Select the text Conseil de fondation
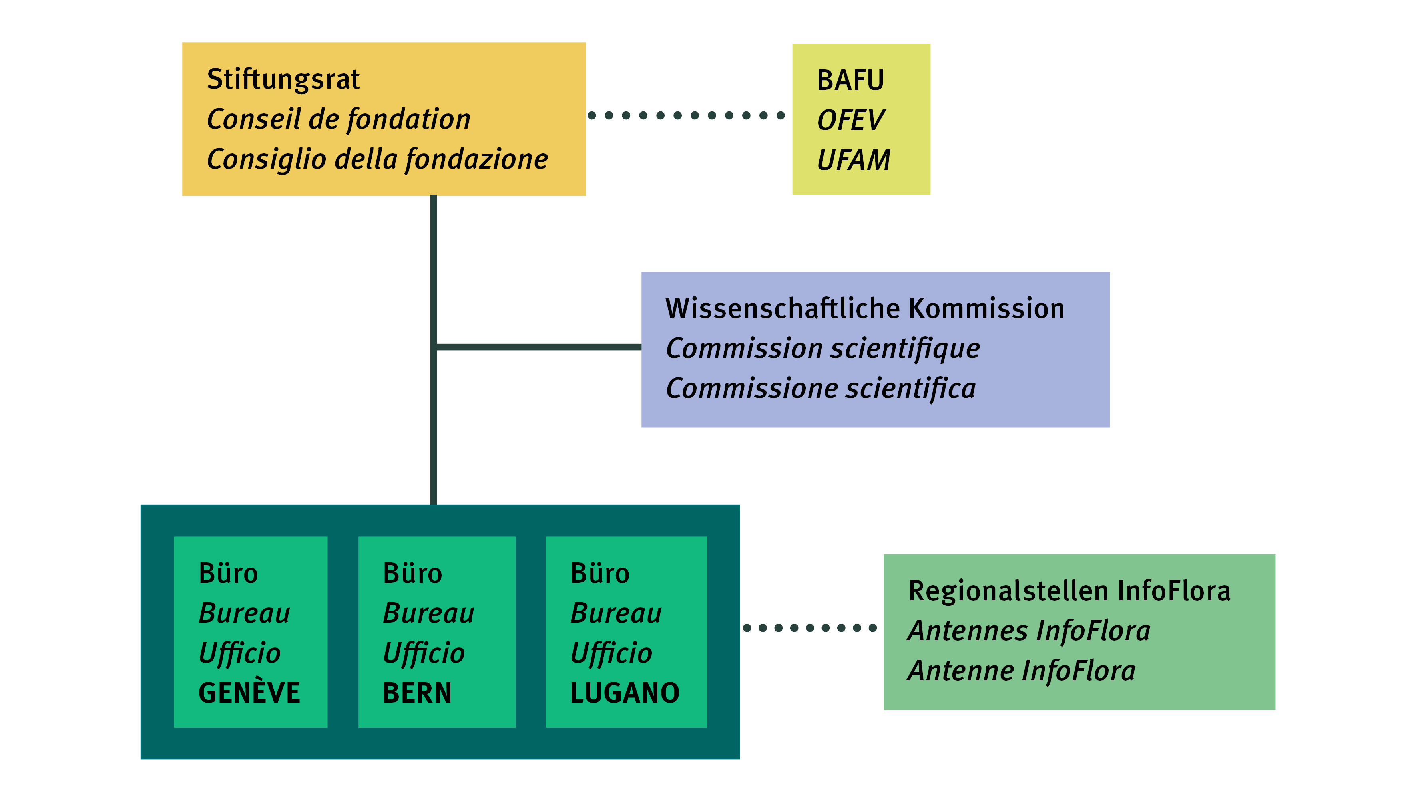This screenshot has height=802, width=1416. click(339, 119)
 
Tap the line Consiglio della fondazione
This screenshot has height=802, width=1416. click(377, 159)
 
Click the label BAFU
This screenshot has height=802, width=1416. click(850, 80)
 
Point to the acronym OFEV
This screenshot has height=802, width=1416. click(850, 121)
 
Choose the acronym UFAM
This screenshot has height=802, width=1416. click(853, 160)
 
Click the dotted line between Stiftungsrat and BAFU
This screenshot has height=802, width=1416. click(686, 115)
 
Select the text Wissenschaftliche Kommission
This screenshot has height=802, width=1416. click(864, 308)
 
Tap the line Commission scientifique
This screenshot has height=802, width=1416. click(823, 349)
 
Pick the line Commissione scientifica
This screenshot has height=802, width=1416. click(820, 388)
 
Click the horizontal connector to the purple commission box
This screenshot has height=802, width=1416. click(538, 347)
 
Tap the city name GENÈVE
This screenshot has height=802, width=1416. click(249, 693)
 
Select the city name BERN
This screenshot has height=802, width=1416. click(417, 693)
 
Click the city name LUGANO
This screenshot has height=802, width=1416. click(625, 693)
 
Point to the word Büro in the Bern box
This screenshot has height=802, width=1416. click(412, 574)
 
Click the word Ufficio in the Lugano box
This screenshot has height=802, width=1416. click(611, 654)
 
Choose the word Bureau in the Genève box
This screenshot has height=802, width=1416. click(244, 613)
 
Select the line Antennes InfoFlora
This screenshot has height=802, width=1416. click(1028, 631)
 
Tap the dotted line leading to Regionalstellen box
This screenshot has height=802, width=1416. click(810, 628)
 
